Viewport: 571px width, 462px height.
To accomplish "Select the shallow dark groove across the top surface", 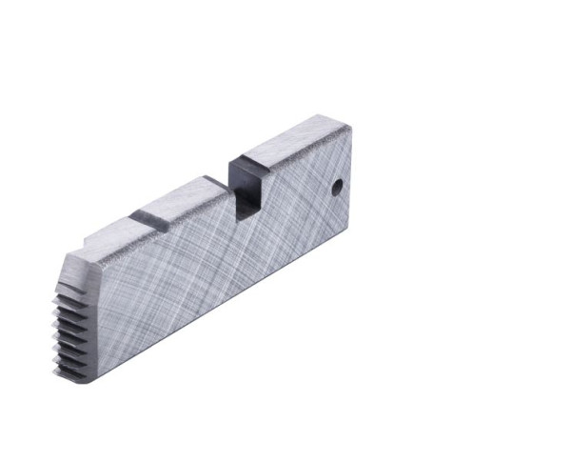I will (149, 217).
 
